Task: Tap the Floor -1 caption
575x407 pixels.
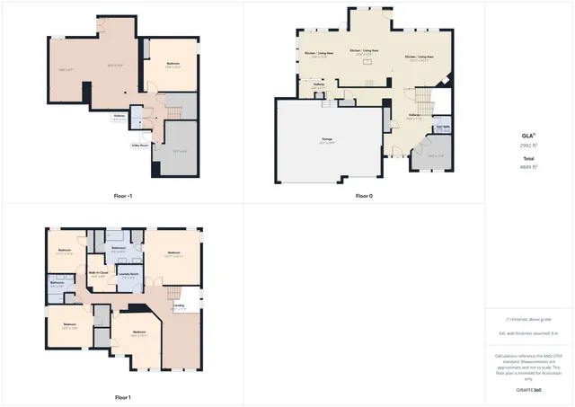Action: (x=123, y=195)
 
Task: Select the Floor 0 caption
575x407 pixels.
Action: (x=363, y=195)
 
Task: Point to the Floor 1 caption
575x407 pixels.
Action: (x=123, y=397)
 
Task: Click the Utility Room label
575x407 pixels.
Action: (x=139, y=144)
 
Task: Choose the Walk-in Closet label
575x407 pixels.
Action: (x=99, y=272)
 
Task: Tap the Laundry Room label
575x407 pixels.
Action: (x=128, y=273)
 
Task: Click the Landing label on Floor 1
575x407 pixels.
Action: (x=180, y=305)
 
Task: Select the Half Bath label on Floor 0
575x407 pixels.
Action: (x=441, y=128)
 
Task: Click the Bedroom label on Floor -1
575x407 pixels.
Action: (x=173, y=63)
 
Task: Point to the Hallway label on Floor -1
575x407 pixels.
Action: (x=119, y=116)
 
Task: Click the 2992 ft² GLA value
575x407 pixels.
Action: (x=529, y=145)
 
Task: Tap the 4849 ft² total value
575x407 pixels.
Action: (x=529, y=166)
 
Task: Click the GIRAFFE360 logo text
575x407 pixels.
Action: (x=529, y=391)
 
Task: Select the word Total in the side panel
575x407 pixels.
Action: (x=529, y=158)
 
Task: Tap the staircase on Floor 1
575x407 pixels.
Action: (x=183, y=295)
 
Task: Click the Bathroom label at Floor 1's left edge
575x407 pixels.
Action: (x=57, y=284)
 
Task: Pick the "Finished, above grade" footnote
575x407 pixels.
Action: (x=529, y=320)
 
